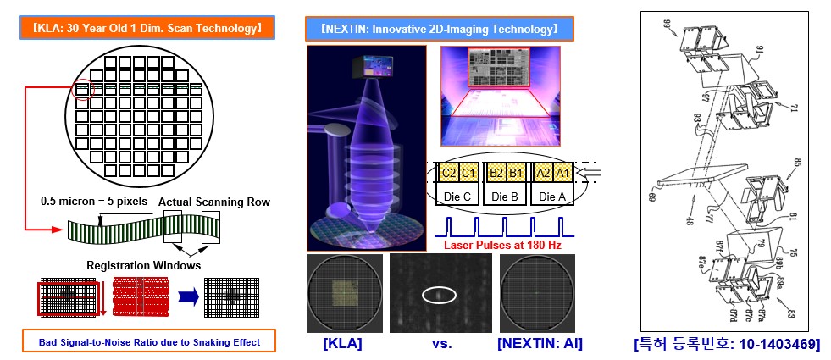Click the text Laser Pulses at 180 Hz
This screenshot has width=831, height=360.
(503, 246)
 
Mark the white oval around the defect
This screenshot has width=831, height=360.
(438, 295)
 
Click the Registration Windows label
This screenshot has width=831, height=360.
(141, 265)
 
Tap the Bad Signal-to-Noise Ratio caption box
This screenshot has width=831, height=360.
(141, 341)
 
